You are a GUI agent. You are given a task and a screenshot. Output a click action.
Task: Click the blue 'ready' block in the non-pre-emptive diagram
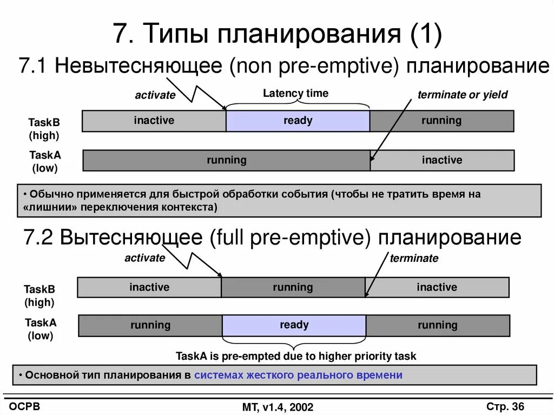coord(298,121)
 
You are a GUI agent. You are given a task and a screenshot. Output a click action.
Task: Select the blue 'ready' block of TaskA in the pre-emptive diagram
coord(294,325)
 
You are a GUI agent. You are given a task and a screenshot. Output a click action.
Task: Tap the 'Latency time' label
coord(295,93)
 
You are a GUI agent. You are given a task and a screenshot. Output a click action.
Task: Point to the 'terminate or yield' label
coord(463,95)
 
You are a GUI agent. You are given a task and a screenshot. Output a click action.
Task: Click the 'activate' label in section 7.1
coord(155,95)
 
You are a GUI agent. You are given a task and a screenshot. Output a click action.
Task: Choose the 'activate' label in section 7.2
coord(144,258)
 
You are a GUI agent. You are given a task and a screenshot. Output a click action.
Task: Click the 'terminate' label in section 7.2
coord(414,258)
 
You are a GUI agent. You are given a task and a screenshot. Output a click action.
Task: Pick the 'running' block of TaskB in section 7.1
coord(441,121)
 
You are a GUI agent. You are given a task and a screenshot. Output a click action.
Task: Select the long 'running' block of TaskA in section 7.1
coord(226,160)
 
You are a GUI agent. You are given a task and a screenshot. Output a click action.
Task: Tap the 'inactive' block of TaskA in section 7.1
coord(442,160)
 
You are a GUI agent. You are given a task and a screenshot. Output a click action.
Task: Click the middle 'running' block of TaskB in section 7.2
coord(293,287)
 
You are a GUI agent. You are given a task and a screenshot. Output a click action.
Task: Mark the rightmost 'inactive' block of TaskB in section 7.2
coord(437,287)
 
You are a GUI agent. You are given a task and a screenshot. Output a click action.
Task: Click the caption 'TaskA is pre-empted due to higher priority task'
coord(296,356)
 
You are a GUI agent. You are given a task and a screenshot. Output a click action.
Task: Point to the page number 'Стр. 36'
coord(505,406)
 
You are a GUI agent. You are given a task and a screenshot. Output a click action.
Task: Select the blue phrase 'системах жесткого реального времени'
coord(298,375)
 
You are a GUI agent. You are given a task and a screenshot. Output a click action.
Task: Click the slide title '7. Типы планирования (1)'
coord(278,34)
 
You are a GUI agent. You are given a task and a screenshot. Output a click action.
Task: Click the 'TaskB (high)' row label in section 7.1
coord(44,129)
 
